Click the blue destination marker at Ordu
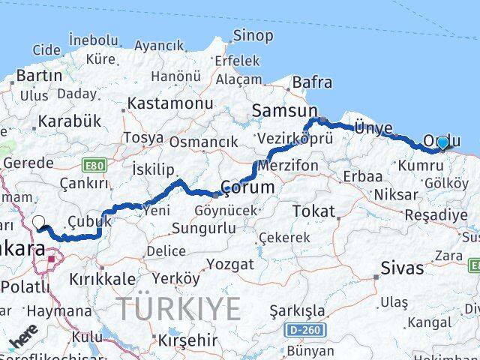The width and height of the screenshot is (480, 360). pyautogui.click(x=442, y=142)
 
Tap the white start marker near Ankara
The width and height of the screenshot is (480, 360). pyautogui.click(x=39, y=222)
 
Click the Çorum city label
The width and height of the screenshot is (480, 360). pyautogui.click(x=247, y=185)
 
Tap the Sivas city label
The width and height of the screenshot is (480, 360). pyautogui.click(x=402, y=268)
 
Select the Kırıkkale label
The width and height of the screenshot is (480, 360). pyautogui.click(x=100, y=277)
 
